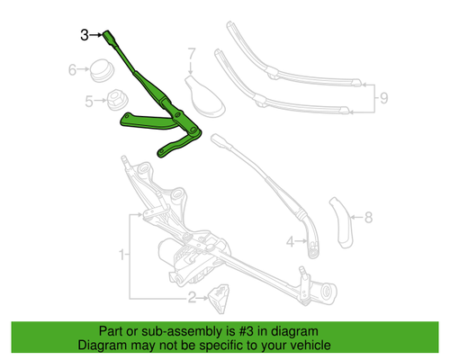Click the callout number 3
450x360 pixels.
(x=84, y=35)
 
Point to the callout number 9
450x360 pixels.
(x=382, y=96)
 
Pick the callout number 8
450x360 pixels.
(x=366, y=216)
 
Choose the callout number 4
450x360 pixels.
(x=290, y=241)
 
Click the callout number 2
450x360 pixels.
(x=191, y=298)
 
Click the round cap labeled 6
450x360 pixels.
(x=98, y=69)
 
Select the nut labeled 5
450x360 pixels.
(x=114, y=102)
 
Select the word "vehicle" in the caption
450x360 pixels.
(x=305, y=345)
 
